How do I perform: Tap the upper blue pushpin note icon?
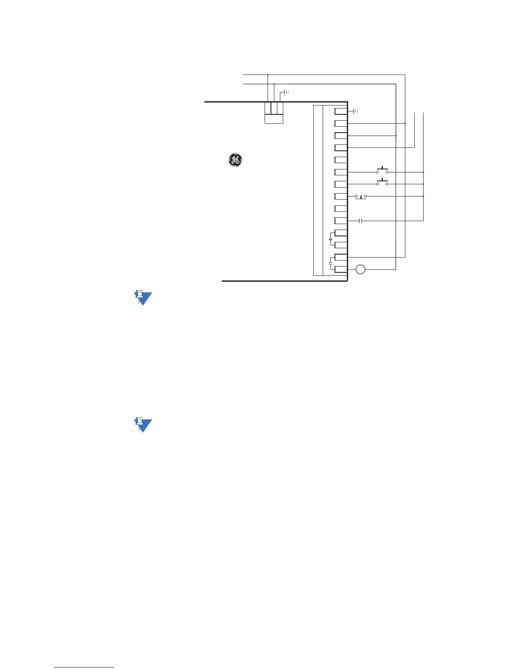142,298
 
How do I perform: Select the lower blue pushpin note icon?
142,425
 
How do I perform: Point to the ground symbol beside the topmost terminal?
355,111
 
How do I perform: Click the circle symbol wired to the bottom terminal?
360,269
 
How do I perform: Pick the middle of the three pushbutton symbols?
382,183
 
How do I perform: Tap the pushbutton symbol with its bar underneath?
361,197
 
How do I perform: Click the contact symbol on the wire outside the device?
360,221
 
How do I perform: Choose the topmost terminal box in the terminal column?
341,111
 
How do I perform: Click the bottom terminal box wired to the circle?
341,269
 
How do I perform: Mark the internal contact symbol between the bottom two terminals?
331,263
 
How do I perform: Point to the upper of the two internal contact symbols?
331,239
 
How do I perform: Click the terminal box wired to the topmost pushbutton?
341,172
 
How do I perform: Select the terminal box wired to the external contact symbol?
341,221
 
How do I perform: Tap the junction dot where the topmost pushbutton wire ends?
424,172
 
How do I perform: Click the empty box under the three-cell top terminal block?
273,119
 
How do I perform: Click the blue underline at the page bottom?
84,667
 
